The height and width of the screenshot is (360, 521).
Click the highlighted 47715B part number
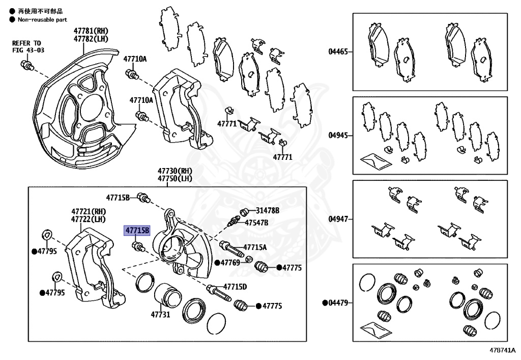click(137, 231)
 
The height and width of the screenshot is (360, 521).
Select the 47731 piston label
click(159, 315)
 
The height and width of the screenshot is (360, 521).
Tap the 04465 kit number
click(338, 51)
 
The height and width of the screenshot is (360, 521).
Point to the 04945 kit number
click(338, 135)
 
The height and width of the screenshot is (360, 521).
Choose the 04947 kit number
click(338, 219)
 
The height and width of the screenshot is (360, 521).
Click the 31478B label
click(267, 210)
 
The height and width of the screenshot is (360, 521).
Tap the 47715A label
click(255, 247)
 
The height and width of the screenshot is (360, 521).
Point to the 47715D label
click(235, 287)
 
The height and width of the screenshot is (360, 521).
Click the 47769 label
click(230, 263)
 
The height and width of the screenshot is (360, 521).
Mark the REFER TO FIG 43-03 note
click(28, 46)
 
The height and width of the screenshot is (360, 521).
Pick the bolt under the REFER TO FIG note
click(27, 65)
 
